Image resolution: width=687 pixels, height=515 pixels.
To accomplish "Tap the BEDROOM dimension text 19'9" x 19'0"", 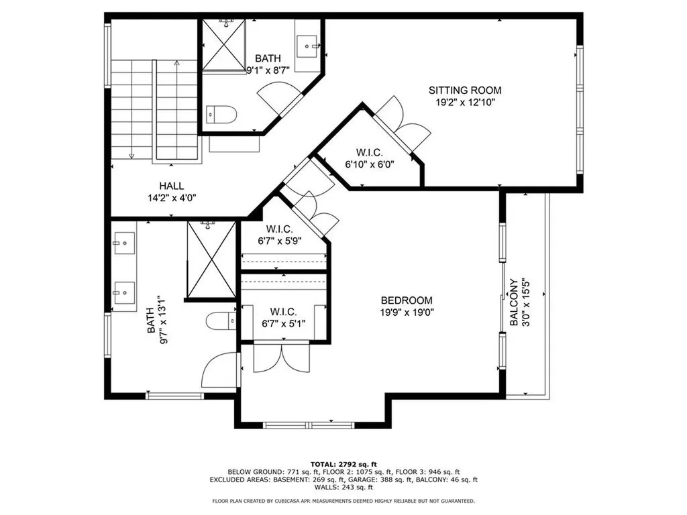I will click(407, 312).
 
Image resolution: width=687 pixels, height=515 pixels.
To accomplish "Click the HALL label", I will click(171, 186).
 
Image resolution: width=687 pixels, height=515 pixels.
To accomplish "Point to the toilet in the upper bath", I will click(220, 115).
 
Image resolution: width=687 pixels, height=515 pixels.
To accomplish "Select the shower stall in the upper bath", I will click(224, 45).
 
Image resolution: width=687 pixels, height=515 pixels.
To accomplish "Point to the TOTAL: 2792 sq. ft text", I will click(343, 464).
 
